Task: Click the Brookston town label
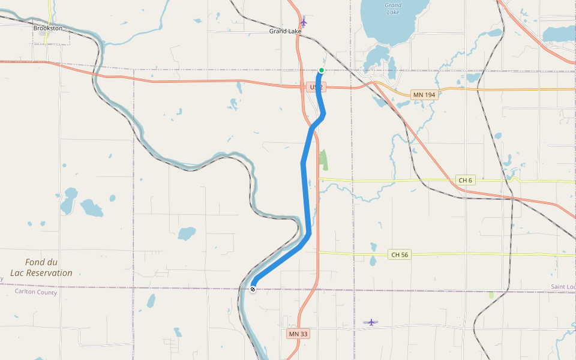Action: coord(47,28)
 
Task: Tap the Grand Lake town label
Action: coord(285,31)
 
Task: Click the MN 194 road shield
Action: coord(424,95)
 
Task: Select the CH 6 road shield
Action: coord(466,180)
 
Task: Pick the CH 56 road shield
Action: coord(400,254)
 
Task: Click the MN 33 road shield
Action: coord(298,334)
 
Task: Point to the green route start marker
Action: coord(322,71)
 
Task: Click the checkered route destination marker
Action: coord(253,289)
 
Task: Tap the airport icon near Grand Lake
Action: coord(304,22)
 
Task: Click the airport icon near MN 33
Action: coord(371,322)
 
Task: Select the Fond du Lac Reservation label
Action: coord(49,268)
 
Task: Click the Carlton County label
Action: coord(36,292)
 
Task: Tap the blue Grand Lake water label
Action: coord(393,8)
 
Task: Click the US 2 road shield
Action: coord(316,88)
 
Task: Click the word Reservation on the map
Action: coord(50,273)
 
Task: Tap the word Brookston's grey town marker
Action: coord(43,34)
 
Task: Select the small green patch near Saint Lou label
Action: coord(491,295)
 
